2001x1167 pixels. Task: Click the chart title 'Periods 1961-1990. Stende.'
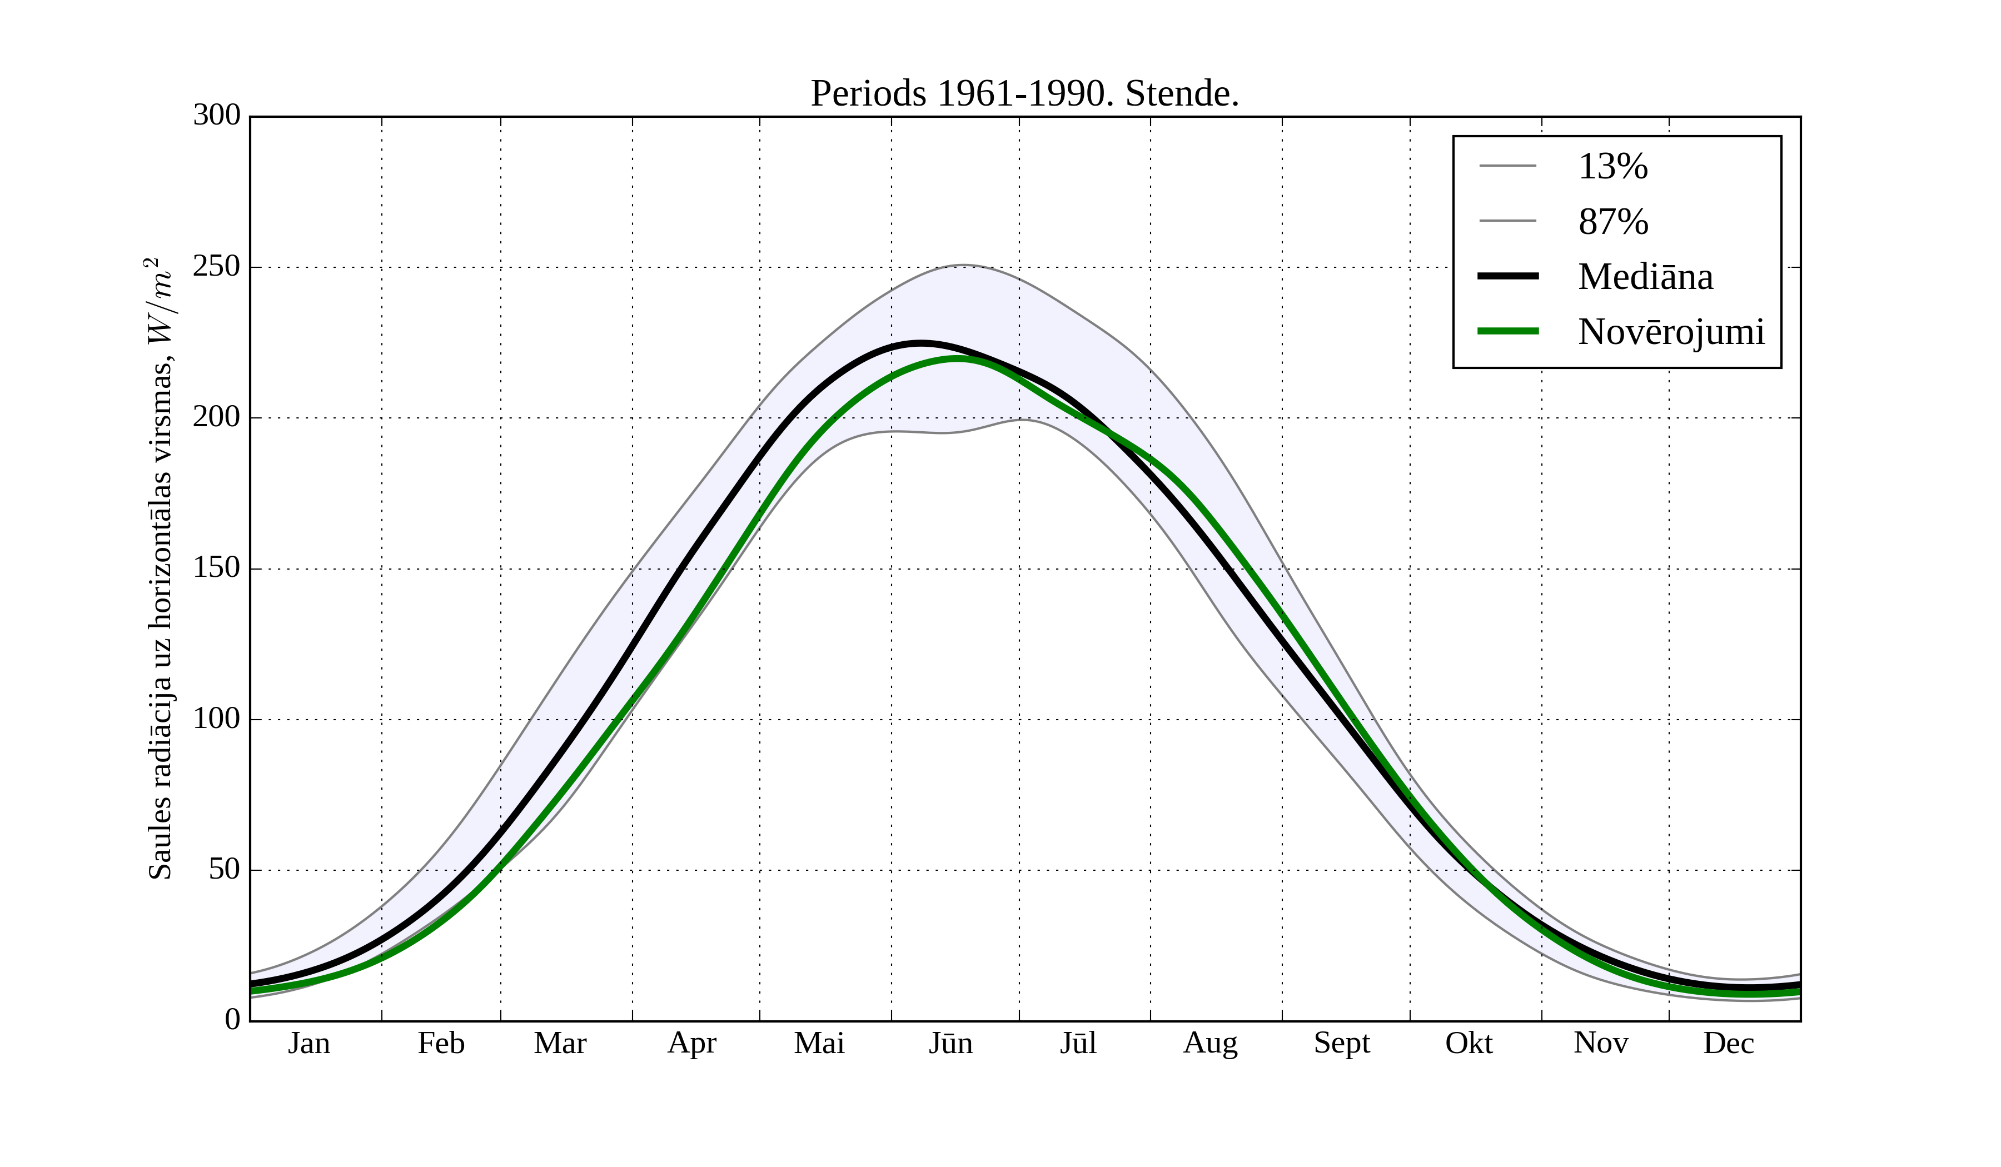[1024, 94]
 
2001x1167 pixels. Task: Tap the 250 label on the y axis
[217, 267]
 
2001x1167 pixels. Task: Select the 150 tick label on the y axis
[217, 568]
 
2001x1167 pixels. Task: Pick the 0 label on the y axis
[233, 1019]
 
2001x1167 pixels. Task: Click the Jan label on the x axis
[309, 1043]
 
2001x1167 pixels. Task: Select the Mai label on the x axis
[819, 1043]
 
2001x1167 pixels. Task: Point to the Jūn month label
[950, 1043]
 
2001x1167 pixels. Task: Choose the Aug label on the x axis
[1210, 1043]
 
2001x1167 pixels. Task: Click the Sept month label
[1341, 1043]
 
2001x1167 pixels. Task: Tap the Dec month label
[1728, 1043]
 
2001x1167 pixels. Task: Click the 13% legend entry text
[1612, 167]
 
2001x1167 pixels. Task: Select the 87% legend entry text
[1612, 222]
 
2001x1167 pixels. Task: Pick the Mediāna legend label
[1645, 277]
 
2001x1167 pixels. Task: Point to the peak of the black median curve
[919, 343]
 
